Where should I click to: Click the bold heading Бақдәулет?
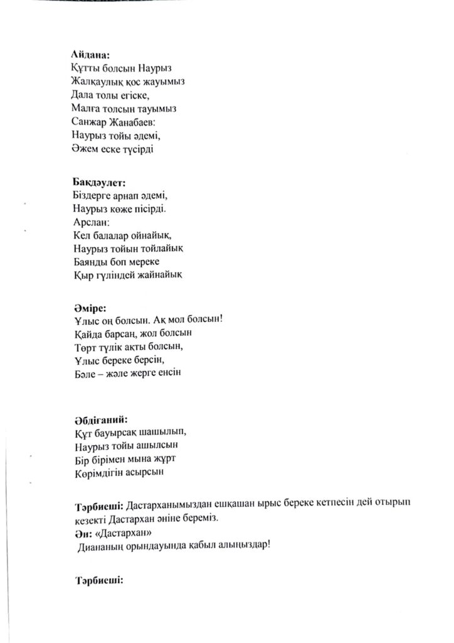pos(99,183)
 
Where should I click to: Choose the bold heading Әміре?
pos(89,308)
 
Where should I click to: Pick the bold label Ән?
pos(82,532)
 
